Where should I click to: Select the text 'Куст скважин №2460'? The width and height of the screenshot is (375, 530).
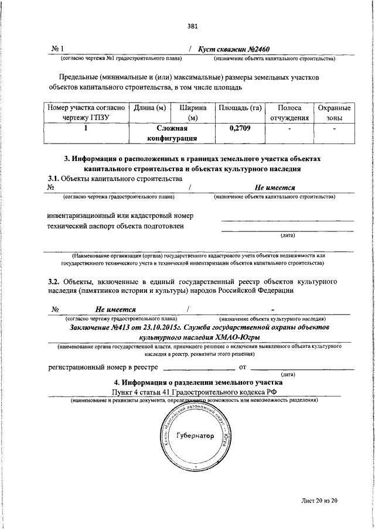click(234, 50)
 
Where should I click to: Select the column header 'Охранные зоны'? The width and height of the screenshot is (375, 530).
click(334, 113)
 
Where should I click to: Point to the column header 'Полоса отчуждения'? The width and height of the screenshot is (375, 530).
click(289, 113)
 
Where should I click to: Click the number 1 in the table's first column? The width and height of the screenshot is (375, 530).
click(86, 128)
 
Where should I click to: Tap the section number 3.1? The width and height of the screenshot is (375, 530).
click(53, 178)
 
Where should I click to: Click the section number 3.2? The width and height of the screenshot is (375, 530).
click(54, 281)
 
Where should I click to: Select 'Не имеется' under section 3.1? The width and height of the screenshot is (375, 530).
click(274, 187)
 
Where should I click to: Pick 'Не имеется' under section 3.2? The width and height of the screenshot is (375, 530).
click(116, 309)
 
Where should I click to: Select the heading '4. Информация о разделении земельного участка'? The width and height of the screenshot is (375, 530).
click(194, 382)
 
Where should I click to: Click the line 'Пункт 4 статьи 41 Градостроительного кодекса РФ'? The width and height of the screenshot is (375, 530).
click(194, 392)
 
